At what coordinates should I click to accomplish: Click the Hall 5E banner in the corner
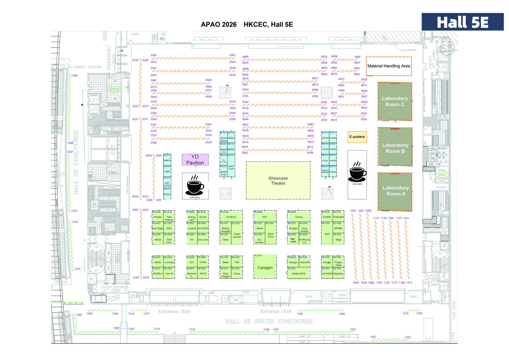pyautogui.click(x=462, y=22)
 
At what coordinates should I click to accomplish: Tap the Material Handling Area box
pyautogui.click(x=388, y=66)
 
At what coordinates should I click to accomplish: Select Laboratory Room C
pyautogui.click(x=394, y=101)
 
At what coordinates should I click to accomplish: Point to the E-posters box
pyautogui.click(x=357, y=137)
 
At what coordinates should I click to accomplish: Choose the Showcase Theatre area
pyautogui.click(x=278, y=181)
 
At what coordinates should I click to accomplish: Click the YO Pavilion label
pyautogui.click(x=195, y=160)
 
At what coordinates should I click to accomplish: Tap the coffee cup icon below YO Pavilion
pyautogui.click(x=195, y=185)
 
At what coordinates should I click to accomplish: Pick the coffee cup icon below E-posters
pyautogui.click(x=357, y=173)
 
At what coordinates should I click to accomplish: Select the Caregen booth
pyautogui.click(x=265, y=267)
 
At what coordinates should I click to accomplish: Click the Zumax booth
pyautogui.click(x=299, y=217)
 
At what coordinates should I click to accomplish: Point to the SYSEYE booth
pyautogui.click(x=231, y=217)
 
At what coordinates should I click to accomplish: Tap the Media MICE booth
pyautogui.click(x=299, y=274)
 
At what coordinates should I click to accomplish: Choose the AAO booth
pyautogui.click(x=327, y=234)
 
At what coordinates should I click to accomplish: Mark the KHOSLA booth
pyautogui.click(x=158, y=274)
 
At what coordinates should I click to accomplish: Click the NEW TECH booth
pyautogui.click(x=271, y=235)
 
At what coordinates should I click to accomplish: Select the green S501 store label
pyautogui.click(x=442, y=175)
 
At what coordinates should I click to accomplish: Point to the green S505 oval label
pyautogui.click(x=114, y=89)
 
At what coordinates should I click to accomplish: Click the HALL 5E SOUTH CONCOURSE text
pyautogui.click(x=269, y=321)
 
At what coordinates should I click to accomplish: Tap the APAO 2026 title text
pyautogui.click(x=218, y=25)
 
